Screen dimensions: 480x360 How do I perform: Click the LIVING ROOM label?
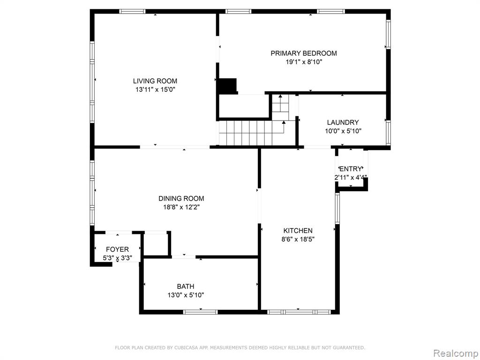155,81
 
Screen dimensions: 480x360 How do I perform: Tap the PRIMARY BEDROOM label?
304,53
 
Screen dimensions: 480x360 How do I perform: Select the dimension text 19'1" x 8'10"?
304,62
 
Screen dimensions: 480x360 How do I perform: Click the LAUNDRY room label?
343,122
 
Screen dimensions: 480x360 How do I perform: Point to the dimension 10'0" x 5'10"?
343,131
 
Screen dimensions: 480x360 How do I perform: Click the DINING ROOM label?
181,198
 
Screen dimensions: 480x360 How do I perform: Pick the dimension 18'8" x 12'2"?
181,207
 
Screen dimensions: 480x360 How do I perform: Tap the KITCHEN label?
298,231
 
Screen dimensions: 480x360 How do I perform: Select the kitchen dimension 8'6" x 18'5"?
298,240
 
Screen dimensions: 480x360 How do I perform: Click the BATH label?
186,286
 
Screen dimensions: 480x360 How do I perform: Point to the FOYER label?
117,249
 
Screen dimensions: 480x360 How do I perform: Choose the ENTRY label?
351,169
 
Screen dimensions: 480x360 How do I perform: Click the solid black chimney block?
227,86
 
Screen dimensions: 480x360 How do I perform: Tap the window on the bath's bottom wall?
201,312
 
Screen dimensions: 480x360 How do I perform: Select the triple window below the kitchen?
299,312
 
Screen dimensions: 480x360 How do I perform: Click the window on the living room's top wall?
132,12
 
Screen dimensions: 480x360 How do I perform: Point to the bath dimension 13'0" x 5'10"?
186,295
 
